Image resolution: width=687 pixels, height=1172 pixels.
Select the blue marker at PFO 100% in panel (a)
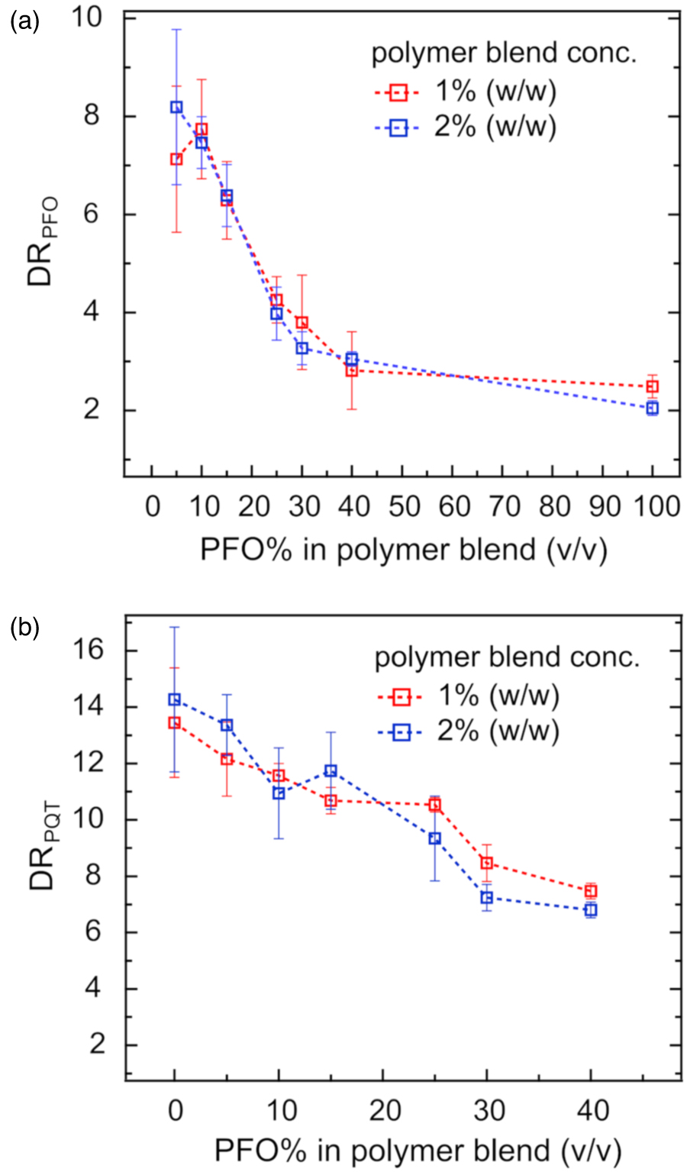pyautogui.click(x=652, y=408)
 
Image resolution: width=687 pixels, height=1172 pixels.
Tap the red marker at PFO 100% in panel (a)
pyautogui.click(x=652, y=386)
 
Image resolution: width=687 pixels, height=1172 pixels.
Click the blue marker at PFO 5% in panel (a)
pyautogui.click(x=176, y=107)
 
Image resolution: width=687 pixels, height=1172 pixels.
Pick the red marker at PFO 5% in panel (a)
pyautogui.click(x=176, y=159)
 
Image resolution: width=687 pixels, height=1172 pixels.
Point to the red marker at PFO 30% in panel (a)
pyautogui.click(x=302, y=322)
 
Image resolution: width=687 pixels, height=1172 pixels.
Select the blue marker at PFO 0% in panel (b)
pyautogui.click(x=175, y=699)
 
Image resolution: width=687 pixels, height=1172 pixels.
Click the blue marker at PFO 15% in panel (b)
pyautogui.click(x=331, y=770)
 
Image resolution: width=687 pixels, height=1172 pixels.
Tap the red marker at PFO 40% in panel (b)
pyautogui.click(x=590, y=890)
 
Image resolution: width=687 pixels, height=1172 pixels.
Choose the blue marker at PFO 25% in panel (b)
pyautogui.click(x=434, y=838)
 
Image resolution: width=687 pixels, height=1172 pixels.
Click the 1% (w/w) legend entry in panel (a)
pyautogui.click(x=466, y=92)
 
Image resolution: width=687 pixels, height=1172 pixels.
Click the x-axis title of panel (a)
pyautogui.click(x=403, y=550)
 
